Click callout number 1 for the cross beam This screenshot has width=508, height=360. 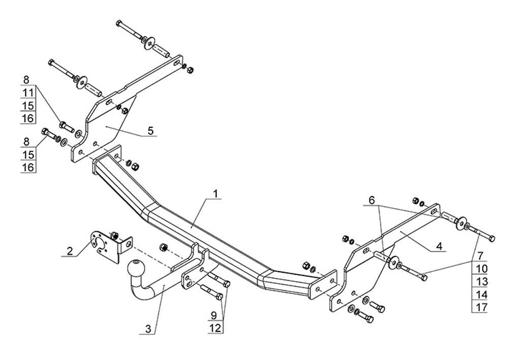click(x=216, y=194)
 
